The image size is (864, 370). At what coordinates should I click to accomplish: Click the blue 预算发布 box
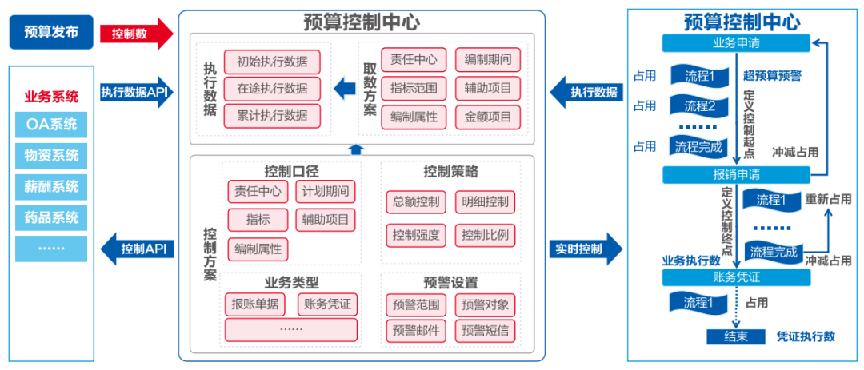tap(52, 32)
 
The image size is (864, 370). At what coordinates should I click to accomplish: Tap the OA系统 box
tap(51, 124)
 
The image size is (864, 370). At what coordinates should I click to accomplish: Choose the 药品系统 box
tap(51, 217)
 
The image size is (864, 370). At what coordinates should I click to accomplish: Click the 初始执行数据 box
tap(272, 62)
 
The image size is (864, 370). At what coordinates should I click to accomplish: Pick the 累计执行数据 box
tap(272, 116)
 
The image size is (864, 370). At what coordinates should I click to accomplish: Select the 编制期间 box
tap(488, 60)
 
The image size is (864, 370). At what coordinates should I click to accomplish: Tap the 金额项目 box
tap(488, 116)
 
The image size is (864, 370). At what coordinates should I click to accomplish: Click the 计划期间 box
tap(326, 192)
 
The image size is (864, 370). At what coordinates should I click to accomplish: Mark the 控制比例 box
tap(485, 236)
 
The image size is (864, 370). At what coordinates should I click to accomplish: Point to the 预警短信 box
tap(485, 329)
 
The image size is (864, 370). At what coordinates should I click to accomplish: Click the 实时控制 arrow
tap(584, 249)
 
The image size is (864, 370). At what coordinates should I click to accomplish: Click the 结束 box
tap(737, 336)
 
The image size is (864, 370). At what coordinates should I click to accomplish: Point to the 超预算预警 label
tap(772, 77)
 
